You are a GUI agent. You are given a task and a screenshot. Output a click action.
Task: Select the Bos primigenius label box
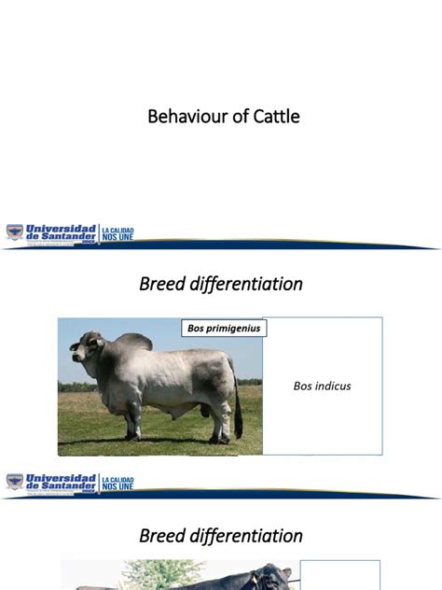(x=224, y=328)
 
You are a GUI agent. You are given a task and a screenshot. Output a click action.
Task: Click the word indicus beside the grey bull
(x=333, y=386)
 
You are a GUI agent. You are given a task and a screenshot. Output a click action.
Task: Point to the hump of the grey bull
(x=133, y=342)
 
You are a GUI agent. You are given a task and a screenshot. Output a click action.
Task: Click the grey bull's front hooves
(x=133, y=436)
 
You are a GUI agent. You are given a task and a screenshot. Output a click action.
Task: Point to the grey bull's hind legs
(x=220, y=415)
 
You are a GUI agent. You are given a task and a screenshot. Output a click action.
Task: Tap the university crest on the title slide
(x=15, y=232)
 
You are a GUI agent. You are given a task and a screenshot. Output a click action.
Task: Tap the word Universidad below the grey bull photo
(x=62, y=478)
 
